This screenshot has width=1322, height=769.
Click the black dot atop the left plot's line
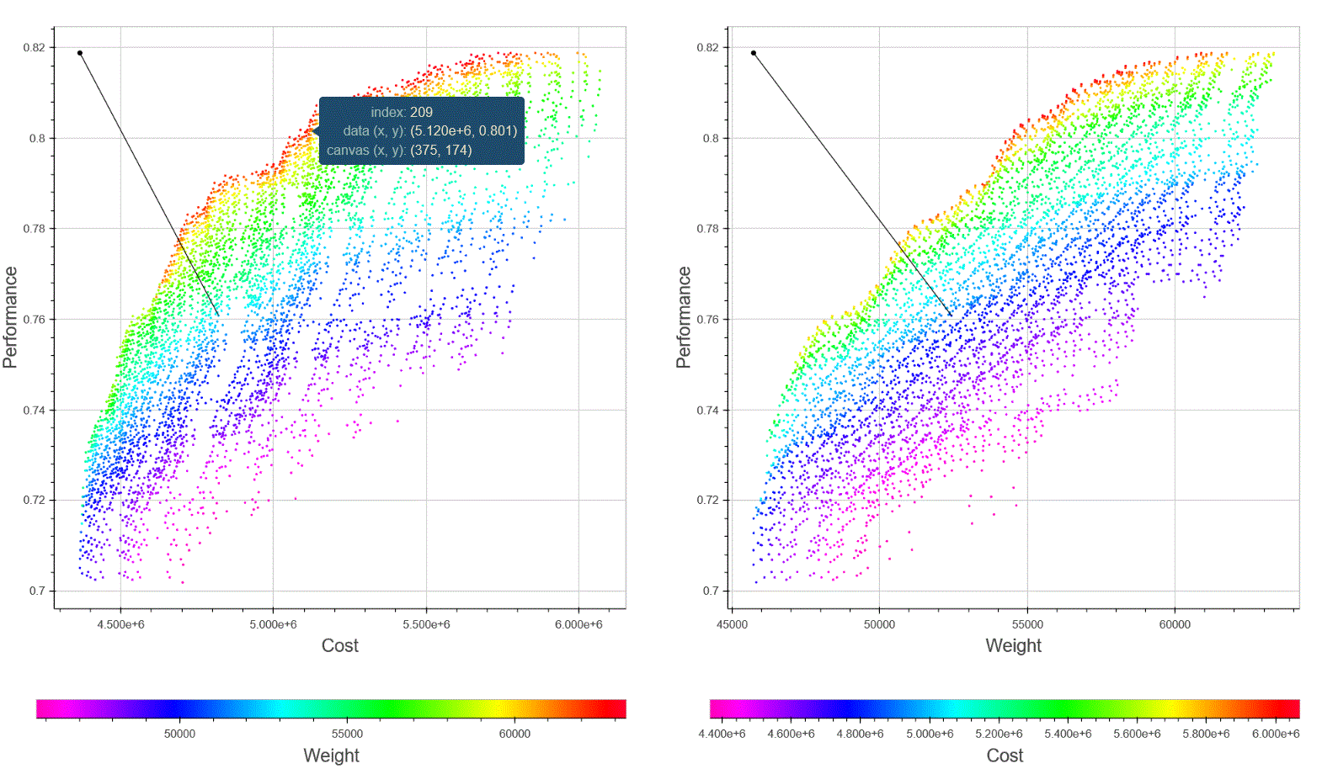coord(80,53)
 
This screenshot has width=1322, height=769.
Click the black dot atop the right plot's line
coord(754,53)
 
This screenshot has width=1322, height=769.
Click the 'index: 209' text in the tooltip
coord(402,112)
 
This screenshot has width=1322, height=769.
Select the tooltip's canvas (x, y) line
coord(399,150)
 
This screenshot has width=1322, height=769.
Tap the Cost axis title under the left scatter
coord(339,645)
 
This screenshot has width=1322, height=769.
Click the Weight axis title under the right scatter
coord(1013,645)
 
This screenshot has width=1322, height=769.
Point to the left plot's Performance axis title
coord(10,317)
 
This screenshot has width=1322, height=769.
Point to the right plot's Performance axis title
coord(684,317)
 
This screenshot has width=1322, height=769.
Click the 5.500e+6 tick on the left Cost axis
coord(426,624)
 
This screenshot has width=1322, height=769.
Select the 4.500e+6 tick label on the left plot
coord(120,624)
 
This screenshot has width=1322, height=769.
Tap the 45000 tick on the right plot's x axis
coord(732,624)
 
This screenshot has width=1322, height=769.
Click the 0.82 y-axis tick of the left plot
coord(35,47)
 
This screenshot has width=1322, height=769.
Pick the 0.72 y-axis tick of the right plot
coord(708,500)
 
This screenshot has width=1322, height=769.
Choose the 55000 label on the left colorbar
coord(347,734)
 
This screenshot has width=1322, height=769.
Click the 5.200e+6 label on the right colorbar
coord(999,734)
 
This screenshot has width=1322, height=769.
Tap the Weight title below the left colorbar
coord(331,756)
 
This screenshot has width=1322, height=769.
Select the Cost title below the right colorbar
coord(1005,756)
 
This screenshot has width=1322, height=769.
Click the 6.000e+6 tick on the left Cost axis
coord(578,624)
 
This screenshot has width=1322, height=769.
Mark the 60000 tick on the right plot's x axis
coord(1175,624)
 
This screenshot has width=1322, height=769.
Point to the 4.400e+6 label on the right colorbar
coord(722,734)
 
